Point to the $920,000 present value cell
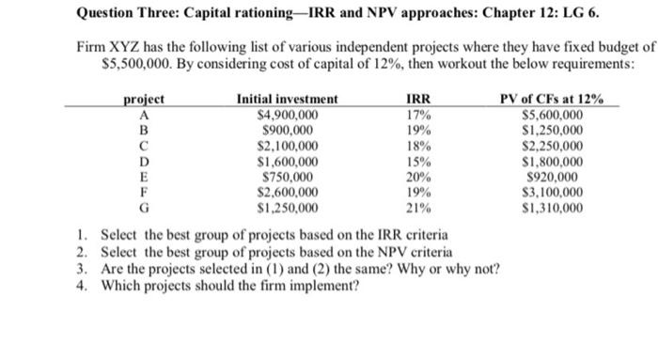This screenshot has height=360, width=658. coord(556,177)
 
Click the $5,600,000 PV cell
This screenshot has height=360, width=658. coord(556,115)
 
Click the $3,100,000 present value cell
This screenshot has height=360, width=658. coord(556,192)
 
